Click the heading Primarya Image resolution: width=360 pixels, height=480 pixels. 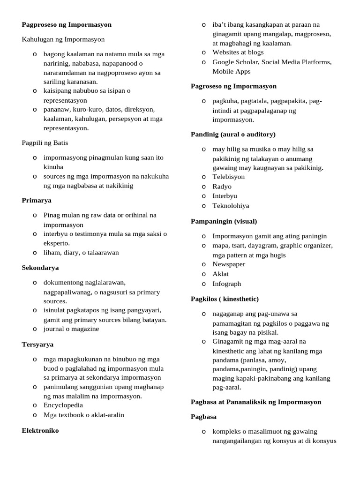click(37, 200)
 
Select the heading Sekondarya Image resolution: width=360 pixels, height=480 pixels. click(40, 268)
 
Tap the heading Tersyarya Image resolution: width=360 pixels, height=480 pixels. click(37, 344)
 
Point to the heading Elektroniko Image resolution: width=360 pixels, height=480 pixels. click(40, 430)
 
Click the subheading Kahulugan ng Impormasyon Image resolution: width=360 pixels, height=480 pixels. click(63, 39)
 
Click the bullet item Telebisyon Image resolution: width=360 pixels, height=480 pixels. click(228, 177)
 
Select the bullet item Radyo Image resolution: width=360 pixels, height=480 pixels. click(222, 186)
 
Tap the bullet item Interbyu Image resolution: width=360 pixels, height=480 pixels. click(225, 195)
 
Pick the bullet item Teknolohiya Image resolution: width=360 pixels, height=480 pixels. click(231, 205)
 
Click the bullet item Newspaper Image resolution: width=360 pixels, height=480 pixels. click(229, 264)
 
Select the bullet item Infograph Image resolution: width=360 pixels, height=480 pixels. click(226, 284)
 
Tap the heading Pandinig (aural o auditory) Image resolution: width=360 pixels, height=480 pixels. click(233, 134)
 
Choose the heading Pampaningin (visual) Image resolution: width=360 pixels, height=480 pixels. click(224, 221)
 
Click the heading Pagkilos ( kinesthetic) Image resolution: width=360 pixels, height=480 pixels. click(225, 299)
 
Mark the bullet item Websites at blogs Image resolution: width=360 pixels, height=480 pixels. click(238, 52)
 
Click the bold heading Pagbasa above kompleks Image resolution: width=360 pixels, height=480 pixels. click(203, 416)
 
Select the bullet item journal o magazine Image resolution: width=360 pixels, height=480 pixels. click(71, 329)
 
